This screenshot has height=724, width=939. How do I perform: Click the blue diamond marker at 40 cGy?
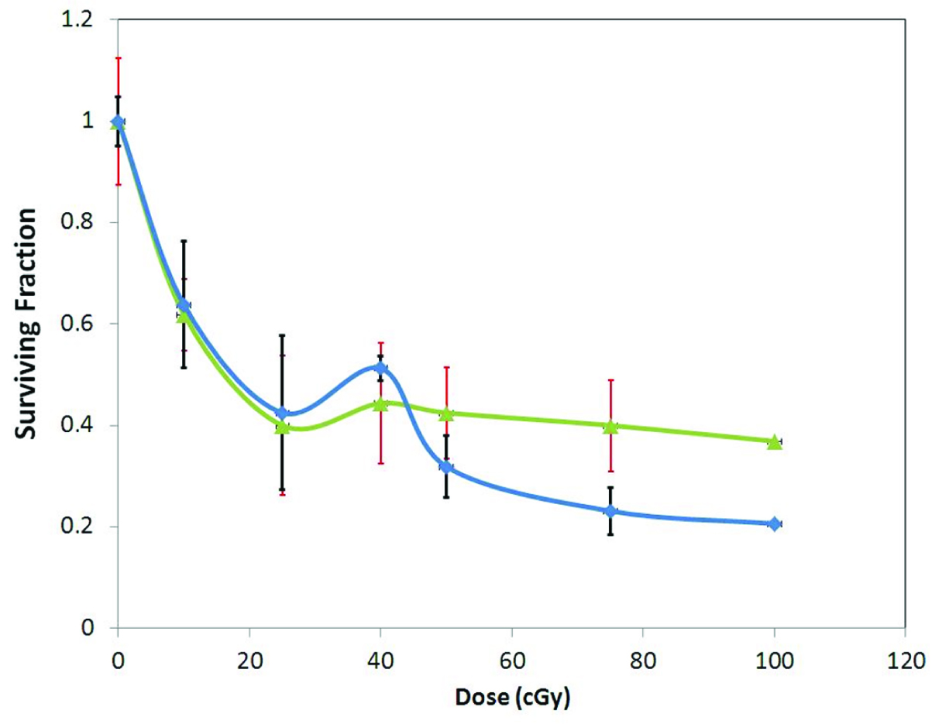pos(380,368)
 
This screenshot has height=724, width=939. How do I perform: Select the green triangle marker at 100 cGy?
pos(774,442)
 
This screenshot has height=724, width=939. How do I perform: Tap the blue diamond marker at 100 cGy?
pos(774,524)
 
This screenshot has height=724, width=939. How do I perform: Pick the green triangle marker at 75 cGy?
pos(611,427)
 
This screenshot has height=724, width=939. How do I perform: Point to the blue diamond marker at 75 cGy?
pos(611,511)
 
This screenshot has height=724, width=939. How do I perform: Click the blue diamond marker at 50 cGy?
pos(446,467)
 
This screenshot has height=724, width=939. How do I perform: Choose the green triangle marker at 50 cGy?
pos(446,414)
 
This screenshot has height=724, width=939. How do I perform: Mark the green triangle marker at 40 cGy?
pos(380,403)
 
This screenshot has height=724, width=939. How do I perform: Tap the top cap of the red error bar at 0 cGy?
pos(118,58)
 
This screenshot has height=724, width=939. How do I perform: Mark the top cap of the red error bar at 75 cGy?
pos(611,380)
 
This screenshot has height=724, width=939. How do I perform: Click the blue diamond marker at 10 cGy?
pos(184,305)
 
